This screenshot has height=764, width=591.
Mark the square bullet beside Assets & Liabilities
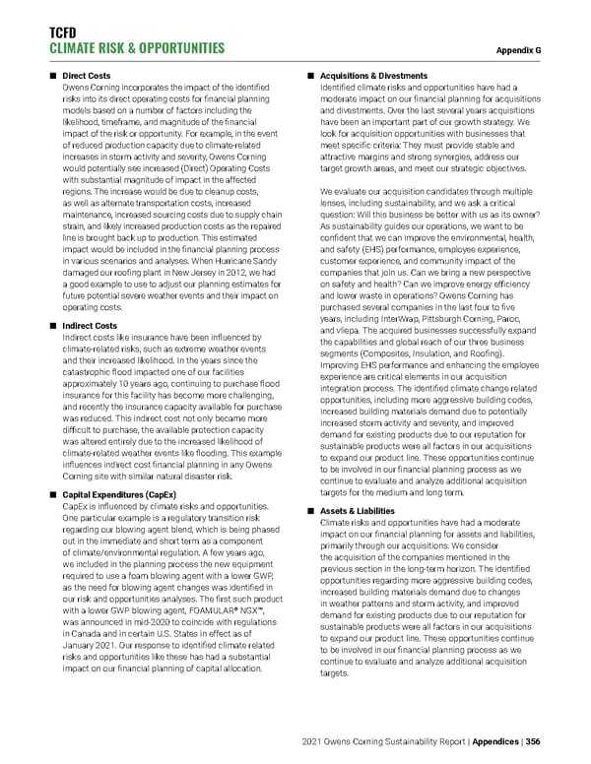pyautogui.click(x=310, y=511)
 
